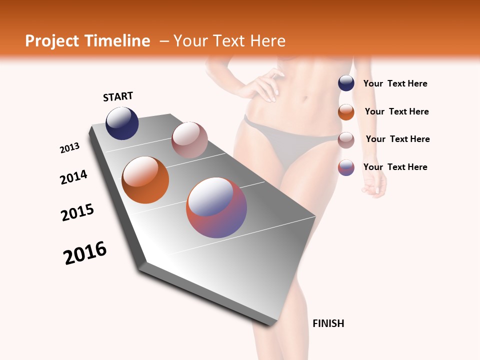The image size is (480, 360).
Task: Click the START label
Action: [118, 96]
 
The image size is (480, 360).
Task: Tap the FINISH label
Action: [328, 323]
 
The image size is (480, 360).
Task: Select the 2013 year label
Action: [70, 148]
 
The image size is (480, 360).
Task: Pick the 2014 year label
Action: [74, 177]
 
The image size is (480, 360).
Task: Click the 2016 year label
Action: [85, 253]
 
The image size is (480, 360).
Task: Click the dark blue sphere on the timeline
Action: [122, 123]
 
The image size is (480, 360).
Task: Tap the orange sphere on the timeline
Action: [145, 180]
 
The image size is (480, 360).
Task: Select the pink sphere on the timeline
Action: [189, 140]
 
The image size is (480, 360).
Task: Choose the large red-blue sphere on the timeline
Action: [216, 207]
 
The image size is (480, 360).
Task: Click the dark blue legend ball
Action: [346, 83]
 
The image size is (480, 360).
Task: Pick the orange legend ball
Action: [346, 112]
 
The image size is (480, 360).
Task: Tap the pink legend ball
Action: [346, 140]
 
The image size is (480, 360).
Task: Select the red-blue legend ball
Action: [346, 167]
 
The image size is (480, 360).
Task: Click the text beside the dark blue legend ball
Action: [395, 84]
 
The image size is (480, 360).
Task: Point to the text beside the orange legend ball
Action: [396, 111]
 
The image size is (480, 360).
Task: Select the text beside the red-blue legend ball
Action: [395, 167]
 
